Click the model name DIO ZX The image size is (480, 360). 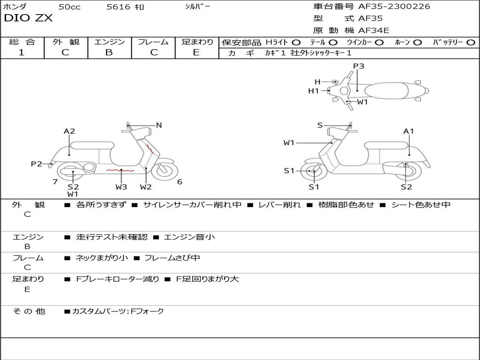click(28, 18)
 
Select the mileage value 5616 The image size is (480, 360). click(118, 7)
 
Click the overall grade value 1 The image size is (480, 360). click(22, 52)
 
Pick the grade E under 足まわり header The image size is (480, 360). click(196, 52)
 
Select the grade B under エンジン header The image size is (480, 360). click(109, 52)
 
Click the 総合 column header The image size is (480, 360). click(22, 42)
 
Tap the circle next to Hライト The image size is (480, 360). click(296, 43)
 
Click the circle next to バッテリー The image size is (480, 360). click(471, 43)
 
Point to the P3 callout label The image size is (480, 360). click(359, 66)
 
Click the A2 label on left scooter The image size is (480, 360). click(69, 131)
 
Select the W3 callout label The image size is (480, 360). click(121, 187)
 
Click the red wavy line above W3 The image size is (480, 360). click(120, 170)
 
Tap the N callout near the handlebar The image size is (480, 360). click(159, 125)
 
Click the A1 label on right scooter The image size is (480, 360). click(409, 131)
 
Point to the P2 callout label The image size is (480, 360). click(37, 164)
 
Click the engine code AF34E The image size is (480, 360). click(374, 30)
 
